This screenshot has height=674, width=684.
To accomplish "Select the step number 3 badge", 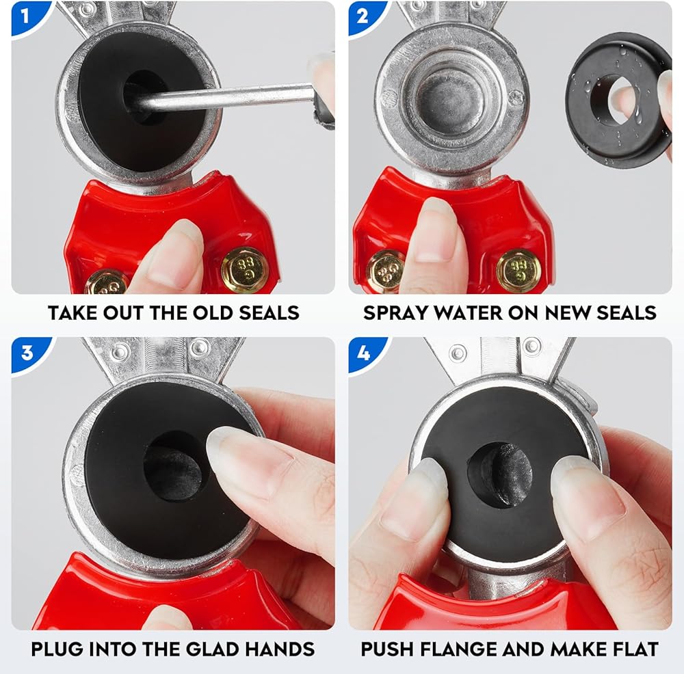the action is pos(27,352).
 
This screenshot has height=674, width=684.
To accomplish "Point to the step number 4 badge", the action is pos(363,352).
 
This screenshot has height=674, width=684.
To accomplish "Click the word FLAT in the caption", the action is pos(636,649).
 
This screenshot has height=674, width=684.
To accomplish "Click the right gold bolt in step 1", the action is pos(244,269).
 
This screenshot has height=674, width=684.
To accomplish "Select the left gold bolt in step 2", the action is pos(384,272).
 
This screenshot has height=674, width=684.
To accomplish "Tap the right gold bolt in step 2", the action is pos(518,271).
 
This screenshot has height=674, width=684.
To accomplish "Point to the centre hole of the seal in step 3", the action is pos(173,465).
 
